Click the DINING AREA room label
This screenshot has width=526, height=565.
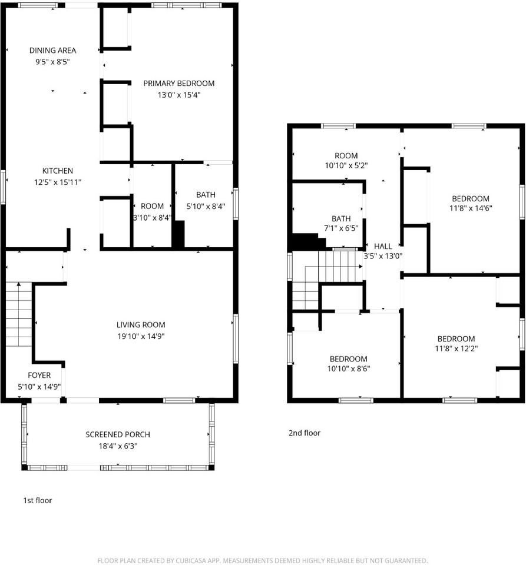(x=52, y=51)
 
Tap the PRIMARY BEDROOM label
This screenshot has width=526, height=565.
(x=179, y=84)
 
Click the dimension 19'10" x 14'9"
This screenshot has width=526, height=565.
(x=141, y=336)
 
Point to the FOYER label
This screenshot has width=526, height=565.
(x=39, y=375)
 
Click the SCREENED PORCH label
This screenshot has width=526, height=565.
(x=118, y=434)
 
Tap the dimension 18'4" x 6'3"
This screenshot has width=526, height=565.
(x=118, y=446)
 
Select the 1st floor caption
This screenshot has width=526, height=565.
(x=38, y=501)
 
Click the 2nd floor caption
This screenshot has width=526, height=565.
(x=305, y=433)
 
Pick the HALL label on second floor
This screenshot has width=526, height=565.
(x=383, y=246)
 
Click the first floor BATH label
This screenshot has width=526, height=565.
(x=206, y=195)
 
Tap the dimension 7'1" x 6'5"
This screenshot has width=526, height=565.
(x=341, y=229)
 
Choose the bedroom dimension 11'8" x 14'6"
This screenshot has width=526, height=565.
(x=471, y=208)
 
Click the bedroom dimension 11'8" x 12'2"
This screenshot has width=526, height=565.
(x=456, y=348)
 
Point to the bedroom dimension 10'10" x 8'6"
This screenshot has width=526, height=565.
(x=348, y=369)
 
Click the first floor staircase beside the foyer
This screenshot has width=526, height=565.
(x=18, y=315)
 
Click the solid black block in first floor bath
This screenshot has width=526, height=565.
(x=178, y=234)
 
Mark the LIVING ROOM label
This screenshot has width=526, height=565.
(x=141, y=325)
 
